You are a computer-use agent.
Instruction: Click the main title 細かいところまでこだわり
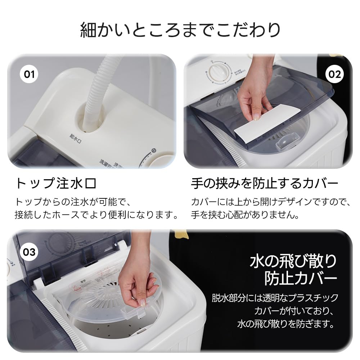[180, 30]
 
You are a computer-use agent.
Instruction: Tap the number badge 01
[29, 75]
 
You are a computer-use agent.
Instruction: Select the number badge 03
[29, 252]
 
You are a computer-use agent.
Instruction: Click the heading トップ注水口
[56, 184]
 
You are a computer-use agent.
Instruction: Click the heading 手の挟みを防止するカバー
[265, 184]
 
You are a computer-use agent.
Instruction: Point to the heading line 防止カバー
[301, 278]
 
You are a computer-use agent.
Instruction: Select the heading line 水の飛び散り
[293, 260]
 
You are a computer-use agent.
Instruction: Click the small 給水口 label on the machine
[73, 136]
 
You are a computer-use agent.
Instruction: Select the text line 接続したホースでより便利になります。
[97, 216]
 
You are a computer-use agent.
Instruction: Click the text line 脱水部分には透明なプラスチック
[275, 298]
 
